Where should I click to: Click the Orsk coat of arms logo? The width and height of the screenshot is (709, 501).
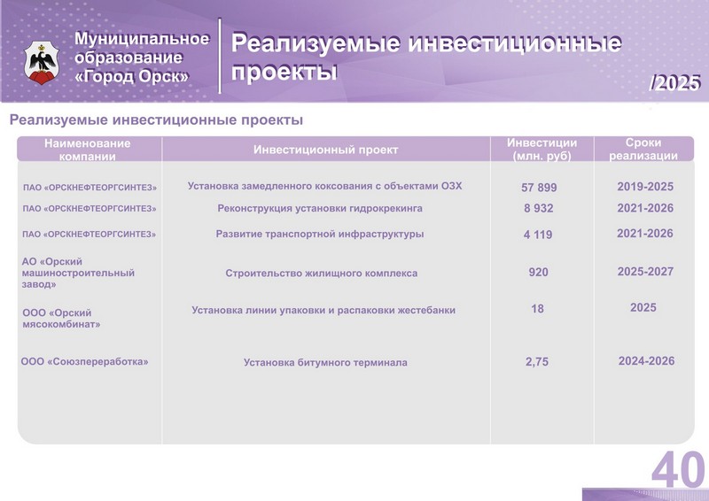click(42, 62)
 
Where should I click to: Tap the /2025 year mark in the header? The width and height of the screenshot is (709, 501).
click(674, 83)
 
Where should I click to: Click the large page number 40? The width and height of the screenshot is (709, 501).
click(678, 469)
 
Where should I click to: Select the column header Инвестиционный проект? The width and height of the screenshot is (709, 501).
click(325, 150)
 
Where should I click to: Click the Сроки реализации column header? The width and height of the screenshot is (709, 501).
click(643, 149)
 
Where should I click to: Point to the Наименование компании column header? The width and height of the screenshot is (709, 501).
click(87, 150)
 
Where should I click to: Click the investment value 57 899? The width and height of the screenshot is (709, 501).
click(539, 188)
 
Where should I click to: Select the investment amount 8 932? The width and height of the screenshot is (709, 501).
click(539, 208)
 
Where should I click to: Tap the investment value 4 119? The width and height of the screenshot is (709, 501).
click(538, 235)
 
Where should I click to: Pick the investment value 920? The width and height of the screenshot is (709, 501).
click(538, 272)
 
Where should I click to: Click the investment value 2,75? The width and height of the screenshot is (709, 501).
click(537, 362)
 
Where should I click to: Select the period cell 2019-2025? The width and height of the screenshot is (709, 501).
click(645, 187)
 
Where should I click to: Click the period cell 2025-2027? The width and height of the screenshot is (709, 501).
click(645, 272)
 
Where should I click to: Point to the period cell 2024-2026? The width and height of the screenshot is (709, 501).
click(646, 361)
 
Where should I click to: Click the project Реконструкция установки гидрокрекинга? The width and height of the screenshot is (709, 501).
click(320, 208)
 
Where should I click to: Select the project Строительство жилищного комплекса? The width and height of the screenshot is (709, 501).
click(322, 274)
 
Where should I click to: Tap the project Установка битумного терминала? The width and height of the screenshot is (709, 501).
click(325, 362)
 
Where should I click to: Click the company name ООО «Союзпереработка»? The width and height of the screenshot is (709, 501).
click(84, 361)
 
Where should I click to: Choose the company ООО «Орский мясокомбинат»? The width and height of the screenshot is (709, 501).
click(61, 319)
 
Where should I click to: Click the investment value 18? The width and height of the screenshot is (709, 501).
click(537, 309)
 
